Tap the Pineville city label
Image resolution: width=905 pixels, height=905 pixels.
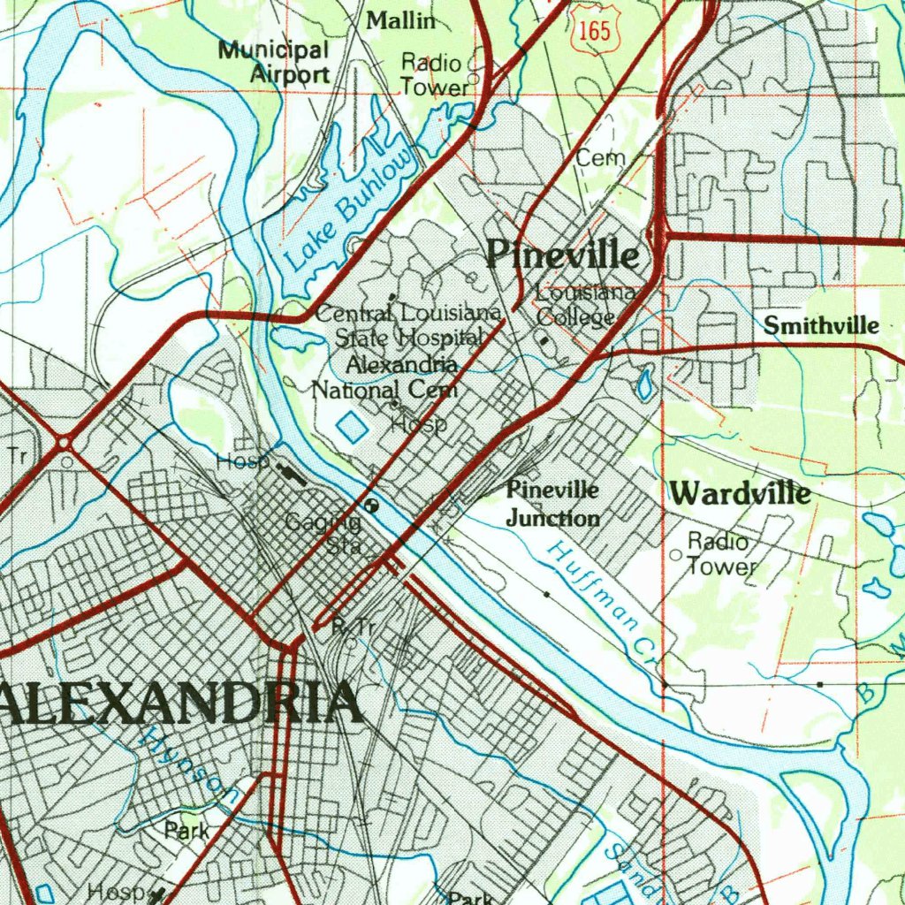pyautogui.click(x=563, y=255)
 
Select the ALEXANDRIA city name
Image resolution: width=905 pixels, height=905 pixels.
pyautogui.click(x=181, y=703)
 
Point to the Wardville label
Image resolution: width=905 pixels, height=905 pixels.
pyautogui.click(x=739, y=493)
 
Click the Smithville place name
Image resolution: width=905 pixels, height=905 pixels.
pyautogui.click(x=821, y=326)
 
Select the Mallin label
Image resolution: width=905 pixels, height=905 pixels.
pyautogui.click(x=401, y=20)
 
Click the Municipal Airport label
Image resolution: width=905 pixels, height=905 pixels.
pyautogui.click(x=274, y=62)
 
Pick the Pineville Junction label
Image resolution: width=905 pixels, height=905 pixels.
pyautogui.click(x=552, y=504)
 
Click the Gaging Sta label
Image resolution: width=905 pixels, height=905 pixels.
pyautogui.click(x=324, y=534)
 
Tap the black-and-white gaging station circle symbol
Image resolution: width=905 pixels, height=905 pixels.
pyautogui.click(x=371, y=506)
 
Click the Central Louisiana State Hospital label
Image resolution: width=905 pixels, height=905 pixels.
pyautogui.click(x=408, y=324)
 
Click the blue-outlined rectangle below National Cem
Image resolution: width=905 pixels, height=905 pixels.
pyautogui.click(x=352, y=428)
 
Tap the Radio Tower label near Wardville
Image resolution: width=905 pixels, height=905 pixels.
pyautogui.click(x=719, y=554)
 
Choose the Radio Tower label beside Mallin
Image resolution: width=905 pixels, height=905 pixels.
pyautogui.click(x=432, y=75)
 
